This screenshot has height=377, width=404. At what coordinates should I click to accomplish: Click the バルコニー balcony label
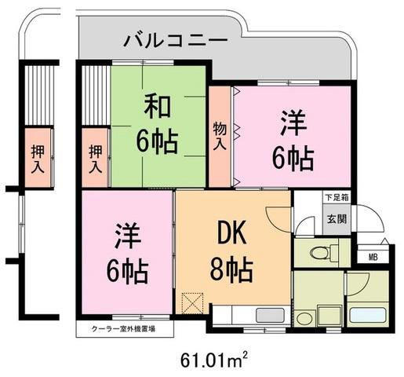[x=176, y=41]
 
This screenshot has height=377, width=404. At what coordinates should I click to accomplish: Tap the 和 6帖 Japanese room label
[x=157, y=125]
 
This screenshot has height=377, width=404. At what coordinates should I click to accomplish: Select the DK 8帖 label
[x=231, y=253]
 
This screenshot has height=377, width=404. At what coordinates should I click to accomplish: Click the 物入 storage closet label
[x=220, y=136]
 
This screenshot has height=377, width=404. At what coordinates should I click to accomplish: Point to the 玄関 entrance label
[x=337, y=219]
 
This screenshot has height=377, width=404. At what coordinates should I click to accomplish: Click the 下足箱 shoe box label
[x=337, y=198]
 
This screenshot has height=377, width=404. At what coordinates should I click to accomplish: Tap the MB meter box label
[x=373, y=257]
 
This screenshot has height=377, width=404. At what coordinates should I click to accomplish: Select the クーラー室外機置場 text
[x=123, y=329]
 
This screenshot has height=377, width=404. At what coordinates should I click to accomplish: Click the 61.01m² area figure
[x=213, y=361]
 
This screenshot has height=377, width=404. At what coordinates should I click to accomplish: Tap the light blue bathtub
[x=368, y=316]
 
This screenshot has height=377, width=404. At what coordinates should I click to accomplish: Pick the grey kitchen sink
[x=270, y=315]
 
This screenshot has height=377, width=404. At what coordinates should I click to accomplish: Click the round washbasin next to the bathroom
[x=304, y=318]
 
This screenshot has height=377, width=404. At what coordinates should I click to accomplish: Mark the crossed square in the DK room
[x=193, y=303]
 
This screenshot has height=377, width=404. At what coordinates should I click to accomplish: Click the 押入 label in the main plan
[x=95, y=159]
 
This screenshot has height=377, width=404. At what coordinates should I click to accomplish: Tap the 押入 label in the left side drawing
[x=38, y=159]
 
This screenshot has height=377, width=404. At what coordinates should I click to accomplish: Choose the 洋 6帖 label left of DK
[x=127, y=253]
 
